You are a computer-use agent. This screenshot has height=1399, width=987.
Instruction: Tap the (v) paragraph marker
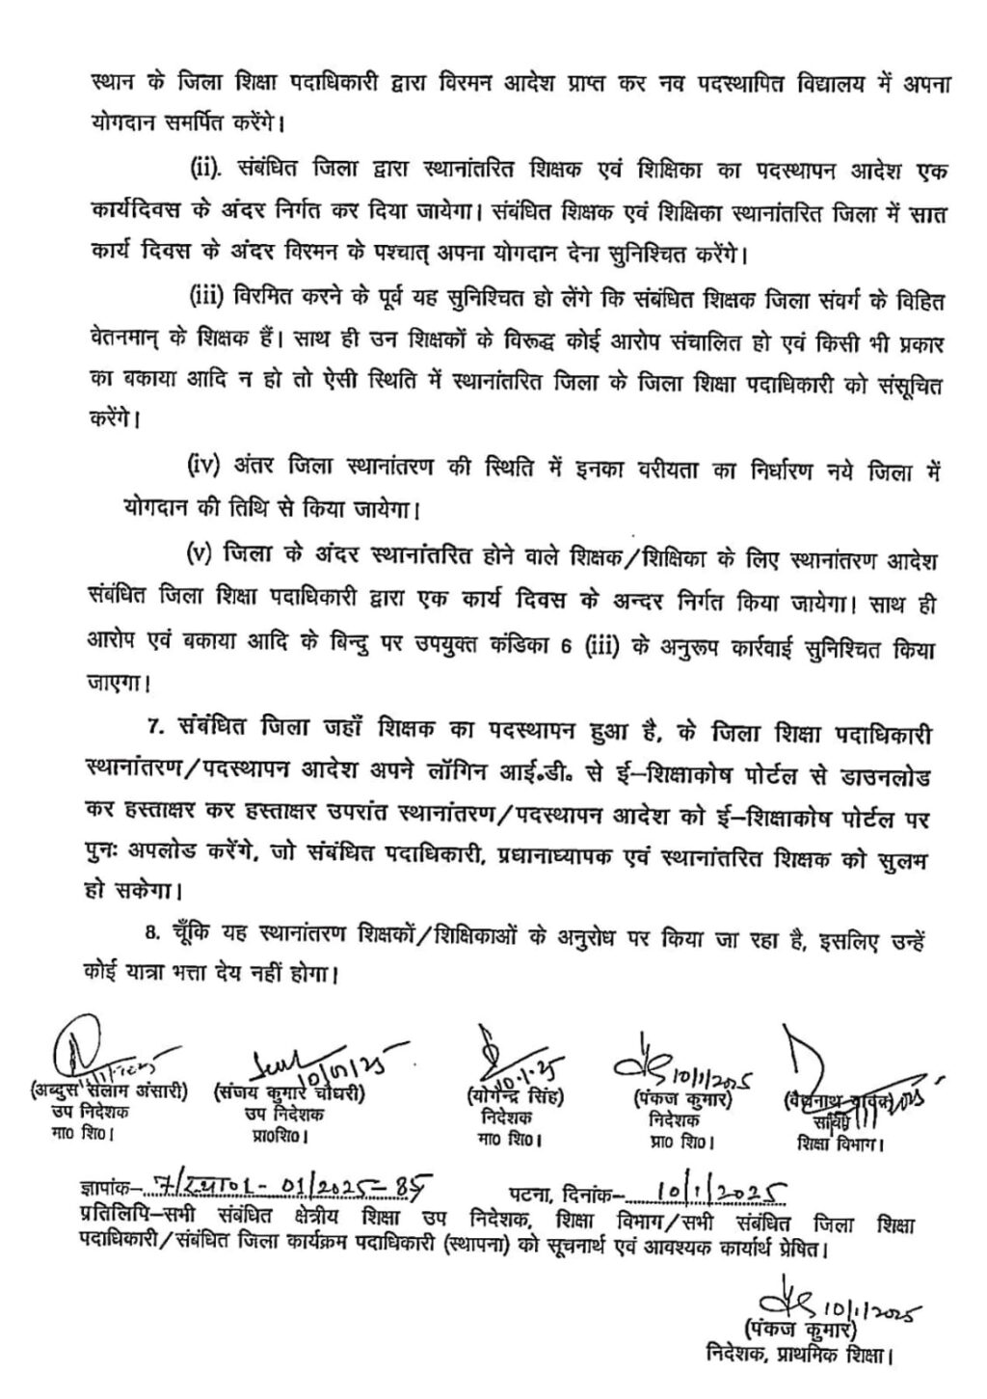200,556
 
